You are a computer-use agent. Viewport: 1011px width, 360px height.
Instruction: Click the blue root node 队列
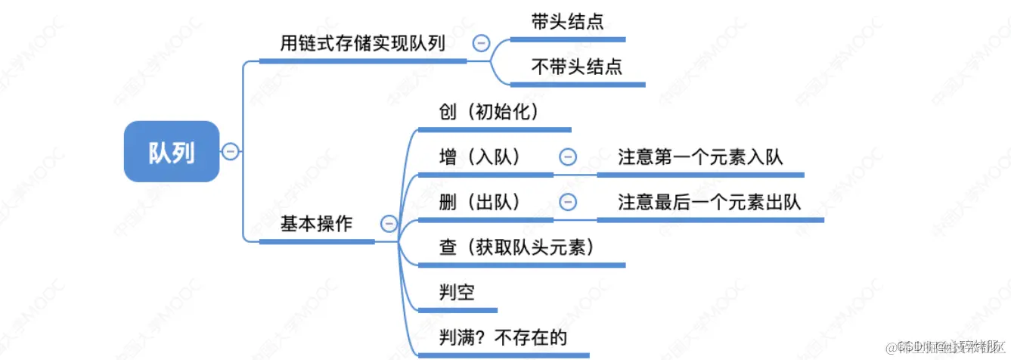coord(172,152)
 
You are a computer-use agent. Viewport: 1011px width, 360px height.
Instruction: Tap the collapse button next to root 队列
coord(231,151)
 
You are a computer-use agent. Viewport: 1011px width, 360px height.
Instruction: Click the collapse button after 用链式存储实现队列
coord(481,43)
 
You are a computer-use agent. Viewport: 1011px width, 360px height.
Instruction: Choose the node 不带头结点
coord(577,67)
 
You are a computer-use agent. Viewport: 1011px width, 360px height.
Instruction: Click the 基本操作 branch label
coord(316,224)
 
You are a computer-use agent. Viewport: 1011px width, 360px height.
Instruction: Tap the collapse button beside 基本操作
coord(389,223)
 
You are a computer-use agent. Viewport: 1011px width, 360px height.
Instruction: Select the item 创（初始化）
coord(488,112)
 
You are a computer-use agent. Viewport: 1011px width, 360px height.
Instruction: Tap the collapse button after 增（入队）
coord(567,157)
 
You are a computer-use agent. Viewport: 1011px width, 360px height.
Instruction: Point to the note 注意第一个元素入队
coord(700,157)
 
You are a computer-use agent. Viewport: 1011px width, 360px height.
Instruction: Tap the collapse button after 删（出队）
coord(567,202)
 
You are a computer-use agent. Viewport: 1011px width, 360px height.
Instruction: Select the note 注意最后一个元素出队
coord(709,202)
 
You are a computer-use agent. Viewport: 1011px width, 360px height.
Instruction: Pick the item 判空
coord(457,292)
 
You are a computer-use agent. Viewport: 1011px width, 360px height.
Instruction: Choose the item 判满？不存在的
coord(503,337)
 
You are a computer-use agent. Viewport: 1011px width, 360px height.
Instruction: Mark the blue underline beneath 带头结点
coord(578,39)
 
